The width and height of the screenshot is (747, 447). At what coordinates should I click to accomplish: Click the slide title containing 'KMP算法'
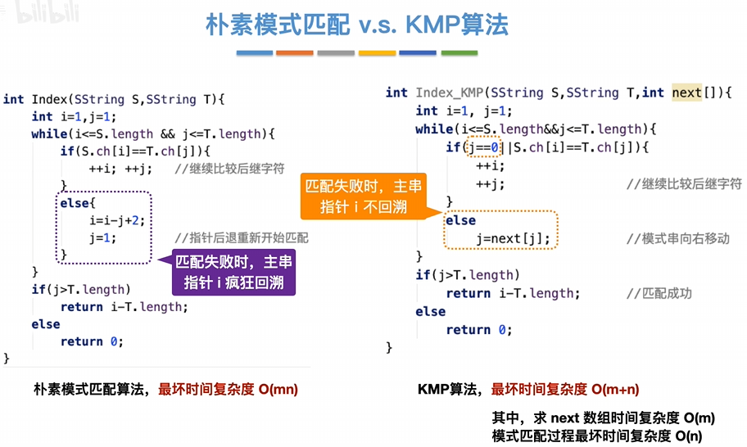click(x=356, y=25)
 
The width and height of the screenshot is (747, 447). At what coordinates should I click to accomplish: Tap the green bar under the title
click(x=459, y=53)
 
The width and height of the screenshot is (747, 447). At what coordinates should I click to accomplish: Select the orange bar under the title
click(x=295, y=53)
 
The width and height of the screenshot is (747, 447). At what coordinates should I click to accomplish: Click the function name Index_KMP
click(x=451, y=93)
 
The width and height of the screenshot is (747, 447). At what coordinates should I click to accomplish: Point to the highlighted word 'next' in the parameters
click(x=686, y=93)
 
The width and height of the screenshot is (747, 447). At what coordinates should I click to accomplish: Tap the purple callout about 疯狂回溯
click(x=233, y=273)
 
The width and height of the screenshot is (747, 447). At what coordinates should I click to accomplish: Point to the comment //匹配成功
click(x=659, y=293)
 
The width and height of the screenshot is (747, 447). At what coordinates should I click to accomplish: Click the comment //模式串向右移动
click(x=677, y=239)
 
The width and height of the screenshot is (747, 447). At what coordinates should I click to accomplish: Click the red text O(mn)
click(x=278, y=390)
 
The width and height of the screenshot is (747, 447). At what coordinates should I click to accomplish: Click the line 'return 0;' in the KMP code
click(x=479, y=329)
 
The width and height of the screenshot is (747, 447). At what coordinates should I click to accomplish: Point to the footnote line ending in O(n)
click(x=597, y=436)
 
